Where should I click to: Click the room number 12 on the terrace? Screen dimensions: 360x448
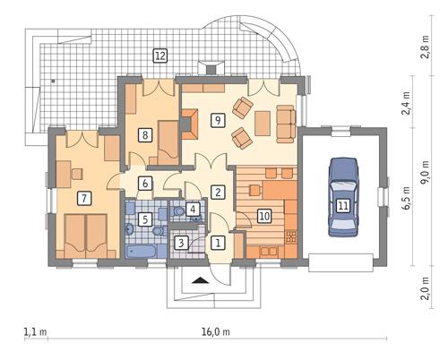pyautogui.click(x=160, y=56)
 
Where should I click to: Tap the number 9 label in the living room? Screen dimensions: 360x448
pyautogui.click(x=216, y=119)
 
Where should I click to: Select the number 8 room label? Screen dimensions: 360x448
pyautogui.click(x=145, y=135)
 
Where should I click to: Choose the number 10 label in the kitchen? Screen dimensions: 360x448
pyautogui.click(x=264, y=215)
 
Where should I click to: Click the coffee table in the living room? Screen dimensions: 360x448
pyautogui.click(x=263, y=121)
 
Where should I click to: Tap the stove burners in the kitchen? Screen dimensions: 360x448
pyautogui.click(x=290, y=236)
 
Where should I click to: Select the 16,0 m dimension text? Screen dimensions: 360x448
pyautogui.click(x=215, y=331)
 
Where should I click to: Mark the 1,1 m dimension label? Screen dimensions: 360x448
pyautogui.click(x=35, y=331)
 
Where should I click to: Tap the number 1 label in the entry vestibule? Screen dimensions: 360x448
pyautogui.click(x=217, y=241)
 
